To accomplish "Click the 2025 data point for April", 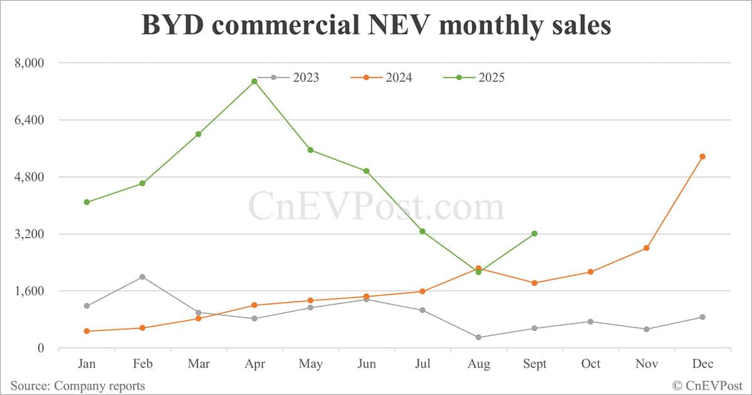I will (254, 82).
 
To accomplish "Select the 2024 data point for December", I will (702, 157).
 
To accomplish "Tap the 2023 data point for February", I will (142, 277).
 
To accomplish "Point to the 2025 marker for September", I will (535, 234).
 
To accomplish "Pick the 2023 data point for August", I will (478, 337).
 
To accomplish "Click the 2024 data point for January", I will (86, 331).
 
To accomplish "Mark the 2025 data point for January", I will (86, 202).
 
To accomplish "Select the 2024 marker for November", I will (646, 248).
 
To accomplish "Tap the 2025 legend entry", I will (474, 78).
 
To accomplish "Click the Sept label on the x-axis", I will (535, 364).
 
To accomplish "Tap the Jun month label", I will (367, 364).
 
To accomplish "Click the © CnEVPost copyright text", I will (708, 386).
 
